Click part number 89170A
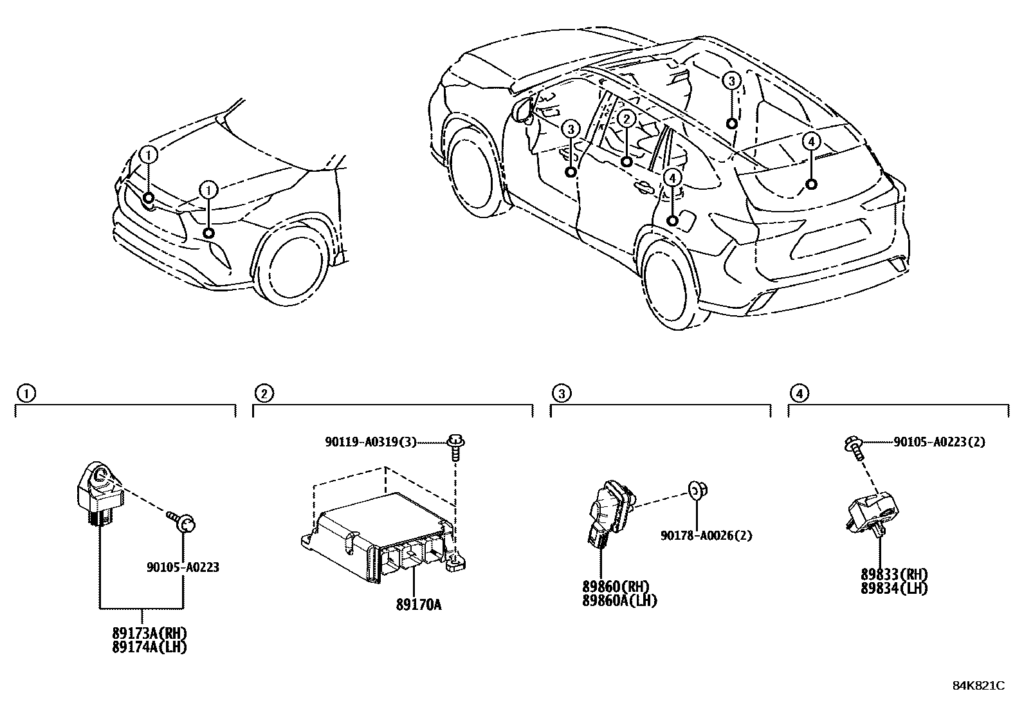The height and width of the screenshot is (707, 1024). [418, 605]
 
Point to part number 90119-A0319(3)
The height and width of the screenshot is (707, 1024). [370, 441]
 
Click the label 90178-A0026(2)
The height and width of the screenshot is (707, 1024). [706, 535]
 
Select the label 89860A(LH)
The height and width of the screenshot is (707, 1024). [619, 600]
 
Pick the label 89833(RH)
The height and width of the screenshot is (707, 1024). [894, 574]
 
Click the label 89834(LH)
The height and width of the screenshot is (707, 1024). [894, 588]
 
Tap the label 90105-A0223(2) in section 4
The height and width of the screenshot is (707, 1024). [939, 442]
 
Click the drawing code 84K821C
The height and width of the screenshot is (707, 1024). [978, 686]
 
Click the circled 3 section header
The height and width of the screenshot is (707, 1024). [560, 392]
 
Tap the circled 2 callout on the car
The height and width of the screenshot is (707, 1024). [626, 118]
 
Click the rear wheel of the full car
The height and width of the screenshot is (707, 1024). [672, 286]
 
